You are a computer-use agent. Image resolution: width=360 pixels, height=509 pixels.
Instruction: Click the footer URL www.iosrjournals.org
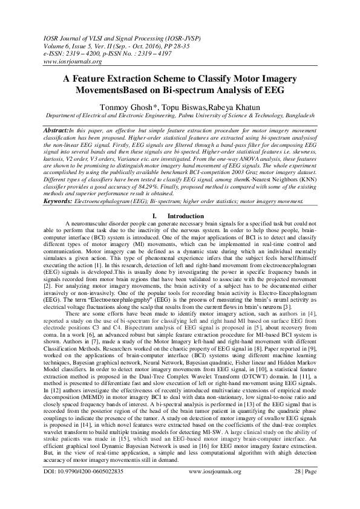pos(214,489)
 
